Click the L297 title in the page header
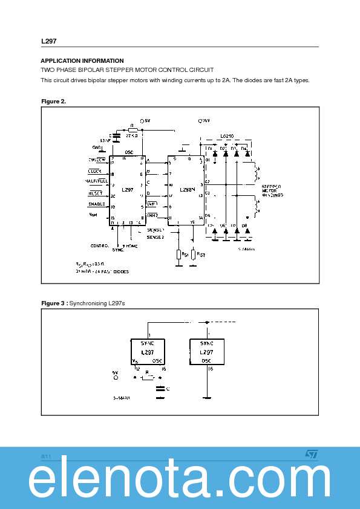tap(49, 41)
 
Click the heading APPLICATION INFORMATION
tap(82, 61)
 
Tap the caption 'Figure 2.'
tap(53, 101)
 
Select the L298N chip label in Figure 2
tap(188, 190)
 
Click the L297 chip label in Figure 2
tap(127, 190)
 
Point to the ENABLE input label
tap(97, 204)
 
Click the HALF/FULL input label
tap(96, 181)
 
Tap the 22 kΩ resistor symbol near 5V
tap(133, 129)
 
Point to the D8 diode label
tap(244, 225)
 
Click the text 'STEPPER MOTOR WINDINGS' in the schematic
tap(272, 191)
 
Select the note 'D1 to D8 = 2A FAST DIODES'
tap(102, 271)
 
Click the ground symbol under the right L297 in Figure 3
tap(207, 398)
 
